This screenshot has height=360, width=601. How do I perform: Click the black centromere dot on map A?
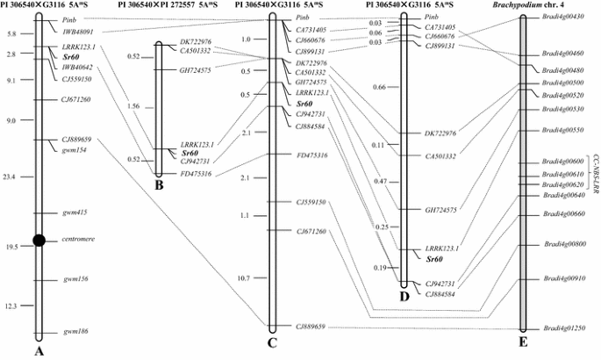pyautogui.click(x=39, y=241)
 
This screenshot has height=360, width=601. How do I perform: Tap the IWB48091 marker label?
pyautogui.click(x=78, y=32)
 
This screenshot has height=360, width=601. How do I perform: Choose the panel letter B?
pyautogui.click(x=158, y=184)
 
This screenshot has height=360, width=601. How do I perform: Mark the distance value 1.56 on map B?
pyautogui.click(x=133, y=105)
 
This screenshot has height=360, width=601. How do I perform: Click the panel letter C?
pyautogui.click(x=272, y=343)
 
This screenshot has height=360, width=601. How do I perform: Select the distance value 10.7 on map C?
pyautogui.click(x=246, y=278)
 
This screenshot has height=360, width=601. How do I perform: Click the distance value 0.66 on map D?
pyautogui.click(x=379, y=87)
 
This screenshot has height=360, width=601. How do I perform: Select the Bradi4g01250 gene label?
pyautogui.click(x=563, y=328)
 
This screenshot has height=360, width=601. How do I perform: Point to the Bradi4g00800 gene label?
pyautogui.click(x=564, y=245)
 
